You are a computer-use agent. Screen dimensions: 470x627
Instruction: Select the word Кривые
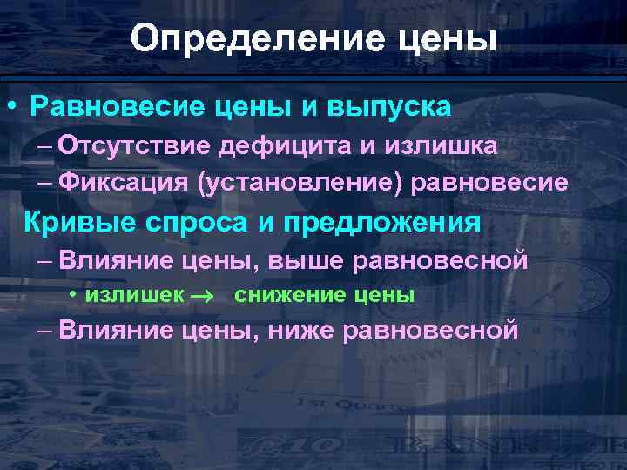click(72, 222)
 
